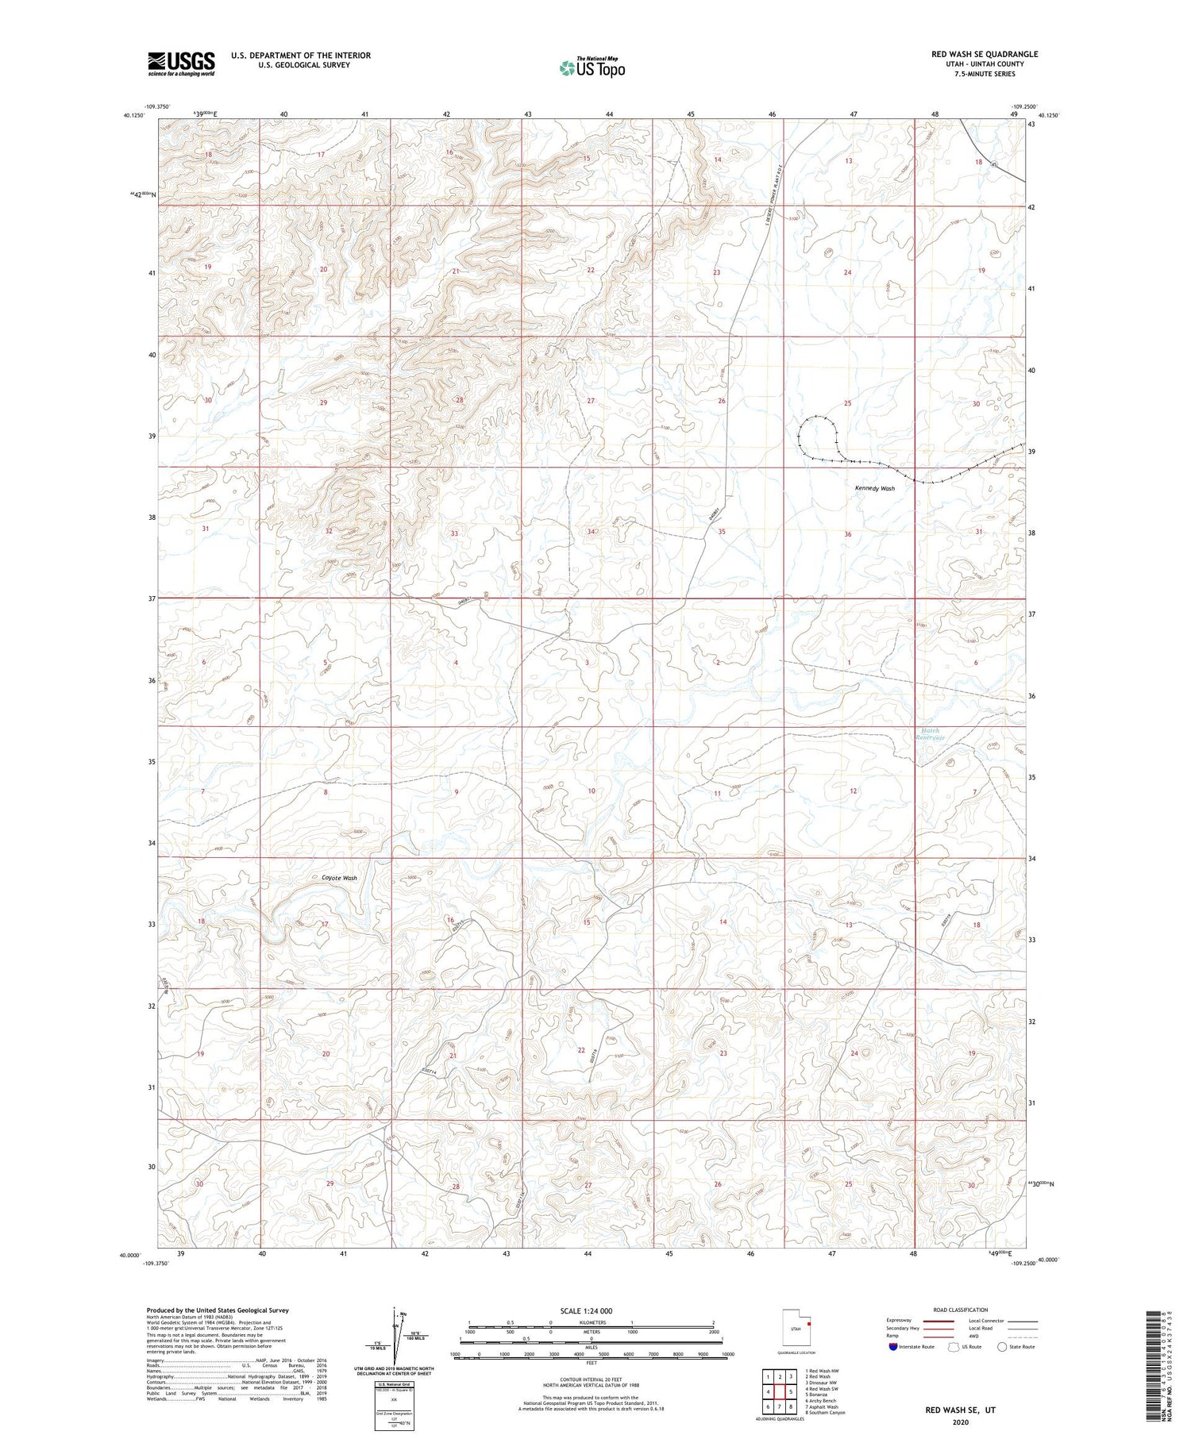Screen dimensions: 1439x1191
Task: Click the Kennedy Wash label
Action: point(874,488)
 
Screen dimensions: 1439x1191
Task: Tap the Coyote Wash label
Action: point(338,878)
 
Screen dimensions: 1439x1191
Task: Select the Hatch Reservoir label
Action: point(930,734)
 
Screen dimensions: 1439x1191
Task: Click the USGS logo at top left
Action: point(181,63)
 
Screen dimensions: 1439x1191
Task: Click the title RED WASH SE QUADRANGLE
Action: point(985,54)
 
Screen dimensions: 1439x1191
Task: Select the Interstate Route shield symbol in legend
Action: point(893,1347)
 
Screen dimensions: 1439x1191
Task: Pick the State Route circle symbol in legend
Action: point(1004,1347)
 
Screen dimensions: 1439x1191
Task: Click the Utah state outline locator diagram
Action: point(796,1326)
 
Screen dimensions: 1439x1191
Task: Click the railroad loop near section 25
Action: point(818,437)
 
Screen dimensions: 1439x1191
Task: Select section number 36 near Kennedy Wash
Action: point(848,534)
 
